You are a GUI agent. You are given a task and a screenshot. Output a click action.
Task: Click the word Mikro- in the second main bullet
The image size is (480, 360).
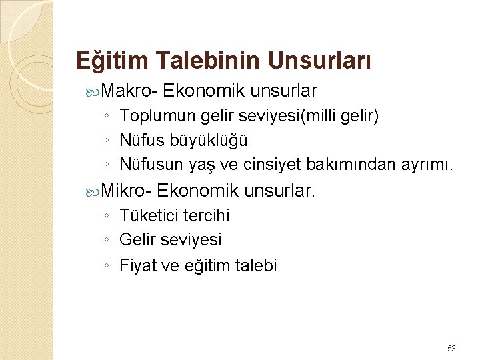pos(127,191)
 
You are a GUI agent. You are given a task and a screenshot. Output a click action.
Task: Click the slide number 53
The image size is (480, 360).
pos(451,349)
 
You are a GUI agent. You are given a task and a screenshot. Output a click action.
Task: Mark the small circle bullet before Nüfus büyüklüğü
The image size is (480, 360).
pos(107,141)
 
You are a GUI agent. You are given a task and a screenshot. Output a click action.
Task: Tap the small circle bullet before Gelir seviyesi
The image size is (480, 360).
pos(107,240)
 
